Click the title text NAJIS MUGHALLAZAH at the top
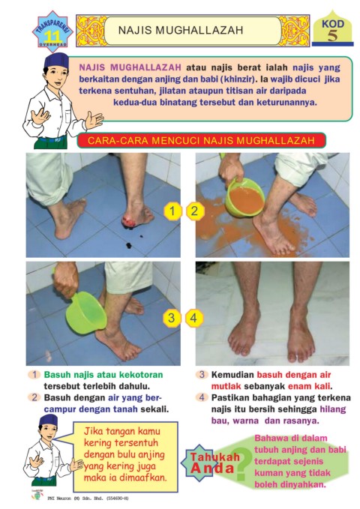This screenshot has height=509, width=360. (181, 30)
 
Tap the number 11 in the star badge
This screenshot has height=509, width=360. (52, 36)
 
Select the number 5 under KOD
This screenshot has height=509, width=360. (332, 35)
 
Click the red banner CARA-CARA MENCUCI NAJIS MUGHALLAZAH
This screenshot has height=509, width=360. (201, 141)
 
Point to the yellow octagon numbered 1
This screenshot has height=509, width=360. (172, 211)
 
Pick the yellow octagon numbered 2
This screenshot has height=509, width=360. (194, 211)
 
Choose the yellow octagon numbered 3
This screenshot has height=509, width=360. (172, 318)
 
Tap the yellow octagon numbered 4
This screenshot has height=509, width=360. (193, 318)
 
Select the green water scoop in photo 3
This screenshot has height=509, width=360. (85, 313)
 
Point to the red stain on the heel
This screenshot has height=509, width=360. (129, 221)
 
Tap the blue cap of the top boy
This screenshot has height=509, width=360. (56, 61)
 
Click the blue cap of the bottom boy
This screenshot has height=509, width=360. (48, 421)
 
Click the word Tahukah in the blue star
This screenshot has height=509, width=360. (215, 457)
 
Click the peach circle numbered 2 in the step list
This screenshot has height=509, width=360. (34, 397)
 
